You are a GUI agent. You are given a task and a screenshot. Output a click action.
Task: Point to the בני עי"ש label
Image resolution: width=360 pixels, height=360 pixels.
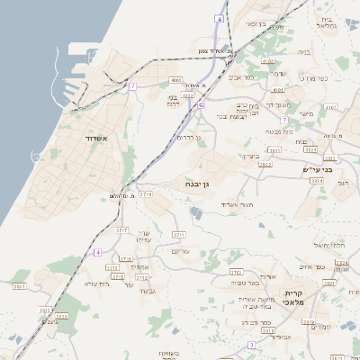tap(316, 168)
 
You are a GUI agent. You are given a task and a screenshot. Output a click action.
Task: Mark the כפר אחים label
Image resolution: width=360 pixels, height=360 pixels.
tap(311, 265)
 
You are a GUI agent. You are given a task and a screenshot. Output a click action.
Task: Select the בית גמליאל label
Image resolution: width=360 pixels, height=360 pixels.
tap(328, 22)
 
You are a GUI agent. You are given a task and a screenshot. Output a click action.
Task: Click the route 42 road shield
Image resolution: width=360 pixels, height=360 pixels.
tap(202, 105)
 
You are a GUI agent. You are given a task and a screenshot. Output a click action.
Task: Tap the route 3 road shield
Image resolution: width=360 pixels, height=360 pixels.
tap(253, 345)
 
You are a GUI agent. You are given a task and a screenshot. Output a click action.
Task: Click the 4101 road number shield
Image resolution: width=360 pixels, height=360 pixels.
tap(277, 90)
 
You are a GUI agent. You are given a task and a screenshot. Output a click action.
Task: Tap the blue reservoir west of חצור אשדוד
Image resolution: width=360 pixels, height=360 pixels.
tap(195, 212)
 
